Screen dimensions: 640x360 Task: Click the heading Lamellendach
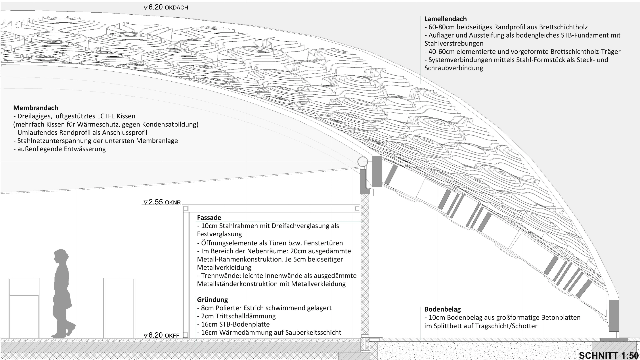click(445, 19)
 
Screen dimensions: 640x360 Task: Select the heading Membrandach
click(36, 108)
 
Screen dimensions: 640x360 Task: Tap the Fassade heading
click(209, 218)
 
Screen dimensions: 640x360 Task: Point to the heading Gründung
click(212, 300)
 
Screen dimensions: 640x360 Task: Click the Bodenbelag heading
click(442, 309)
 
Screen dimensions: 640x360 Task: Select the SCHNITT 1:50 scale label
click(609, 356)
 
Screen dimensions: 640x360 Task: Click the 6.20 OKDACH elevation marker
click(166, 7)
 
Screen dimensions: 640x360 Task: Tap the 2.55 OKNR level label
click(162, 202)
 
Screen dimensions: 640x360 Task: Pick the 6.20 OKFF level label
click(161, 335)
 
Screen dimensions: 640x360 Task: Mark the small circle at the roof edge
click(363, 162)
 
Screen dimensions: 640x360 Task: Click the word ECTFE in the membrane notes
click(106, 116)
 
